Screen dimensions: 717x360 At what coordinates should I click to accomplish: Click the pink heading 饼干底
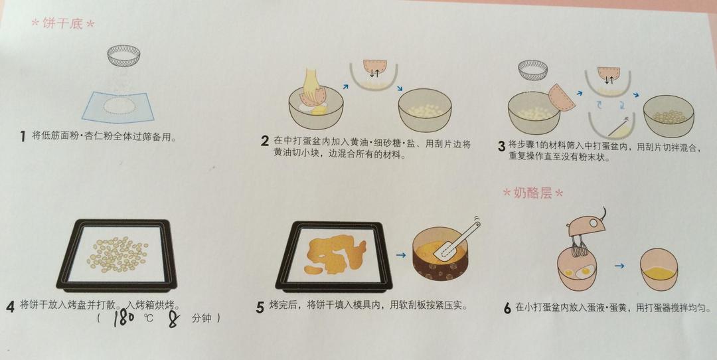pyautogui.click(x=63, y=23)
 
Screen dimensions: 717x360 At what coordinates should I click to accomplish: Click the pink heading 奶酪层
pyautogui.click(x=532, y=193)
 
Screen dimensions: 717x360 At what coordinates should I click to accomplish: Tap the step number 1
pyautogui.click(x=23, y=136)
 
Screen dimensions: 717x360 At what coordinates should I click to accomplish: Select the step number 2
pyautogui.click(x=265, y=141)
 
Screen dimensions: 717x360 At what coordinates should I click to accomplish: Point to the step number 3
pyautogui.click(x=502, y=146)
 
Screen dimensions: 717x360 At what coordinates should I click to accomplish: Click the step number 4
pyautogui.click(x=11, y=306)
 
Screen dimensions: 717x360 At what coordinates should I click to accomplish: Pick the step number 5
pyautogui.click(x=260, y=308)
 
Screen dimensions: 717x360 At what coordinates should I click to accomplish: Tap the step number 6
pyautogui.click(x=507, y=309)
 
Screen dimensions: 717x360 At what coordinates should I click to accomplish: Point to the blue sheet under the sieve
pyautogui.click(x=118, y=107)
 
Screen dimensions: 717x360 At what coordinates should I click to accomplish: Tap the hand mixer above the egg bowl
pyautogui.click(x=587, y=228)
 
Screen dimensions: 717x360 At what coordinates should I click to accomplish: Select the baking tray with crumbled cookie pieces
pyautogui.click(x=117, y=255)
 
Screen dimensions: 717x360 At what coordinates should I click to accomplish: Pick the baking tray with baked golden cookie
pyautogui.click(x=334, y=256)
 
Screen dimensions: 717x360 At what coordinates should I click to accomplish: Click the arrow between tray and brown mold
pyautogui.click(x=401, y=255)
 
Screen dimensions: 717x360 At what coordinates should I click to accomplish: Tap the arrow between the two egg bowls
pyautogui.click(x=619, y=265)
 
